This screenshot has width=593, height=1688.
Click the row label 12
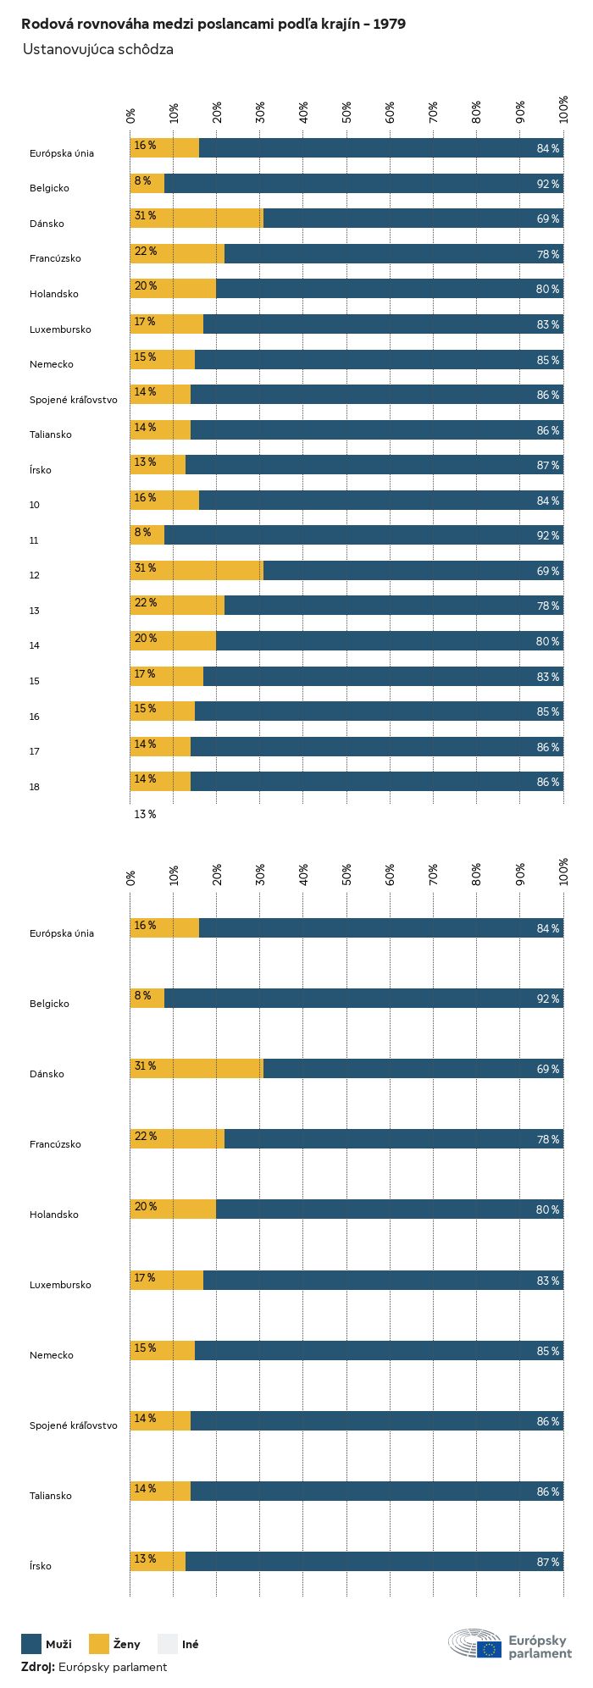(x=34, y=575)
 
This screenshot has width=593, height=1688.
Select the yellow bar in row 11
(x=147, y=535)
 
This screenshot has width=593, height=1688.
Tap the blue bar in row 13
(x=394, y=606)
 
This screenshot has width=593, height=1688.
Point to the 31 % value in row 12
(x=145, y=567)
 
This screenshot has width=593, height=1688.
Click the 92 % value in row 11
(x=547, y=535)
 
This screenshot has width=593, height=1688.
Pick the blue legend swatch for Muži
(x=31, y=1644)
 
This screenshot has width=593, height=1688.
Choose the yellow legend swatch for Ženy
(x=99, y=1644)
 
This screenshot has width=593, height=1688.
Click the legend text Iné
(x=191, y=1644)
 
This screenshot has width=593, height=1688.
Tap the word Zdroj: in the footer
(x=38, y=1667)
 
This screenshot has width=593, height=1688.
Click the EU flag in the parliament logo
(x=489, y=1649)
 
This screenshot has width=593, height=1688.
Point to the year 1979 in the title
(x=389, y=25)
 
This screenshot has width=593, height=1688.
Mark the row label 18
(x=34, y=787)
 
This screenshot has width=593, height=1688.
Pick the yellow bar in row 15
(x=167, y=677)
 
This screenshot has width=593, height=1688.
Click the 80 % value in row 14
(x=547, y=641)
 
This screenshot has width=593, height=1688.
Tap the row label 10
(x=34, y=505)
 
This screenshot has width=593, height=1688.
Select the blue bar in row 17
(x=377, y=747)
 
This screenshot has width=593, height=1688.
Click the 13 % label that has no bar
(x=145, y=814)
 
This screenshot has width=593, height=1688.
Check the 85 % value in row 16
(x=547, y=711)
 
